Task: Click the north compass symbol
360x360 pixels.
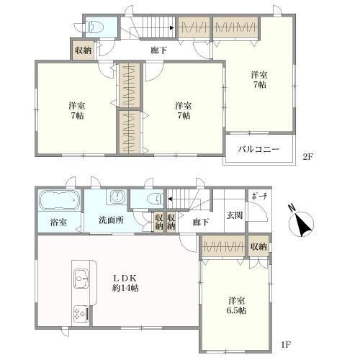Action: [301, 224]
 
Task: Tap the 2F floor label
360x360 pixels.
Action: [308, 157]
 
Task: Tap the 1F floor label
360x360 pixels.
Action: [286, 345]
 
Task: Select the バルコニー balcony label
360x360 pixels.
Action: [258, 150]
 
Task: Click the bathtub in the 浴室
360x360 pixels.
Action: [60, 200]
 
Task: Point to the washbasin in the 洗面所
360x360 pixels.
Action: [118, 197]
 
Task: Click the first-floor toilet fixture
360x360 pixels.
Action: [156, 199]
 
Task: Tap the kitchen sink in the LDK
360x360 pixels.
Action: [81, 279]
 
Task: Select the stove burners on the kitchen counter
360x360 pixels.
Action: [80, 313]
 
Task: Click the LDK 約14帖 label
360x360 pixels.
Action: [125, 283]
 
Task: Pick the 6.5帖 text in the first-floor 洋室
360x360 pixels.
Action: [236, 311]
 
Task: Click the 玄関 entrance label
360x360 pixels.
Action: [235, 215]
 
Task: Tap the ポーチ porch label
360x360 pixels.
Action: [260, 197]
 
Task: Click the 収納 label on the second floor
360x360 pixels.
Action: [83, 50]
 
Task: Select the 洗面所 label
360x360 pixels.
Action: [112, 220]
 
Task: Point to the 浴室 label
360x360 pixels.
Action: [58, 222]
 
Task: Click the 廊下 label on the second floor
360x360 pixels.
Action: [158, 50]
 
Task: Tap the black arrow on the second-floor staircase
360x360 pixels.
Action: [172, 28]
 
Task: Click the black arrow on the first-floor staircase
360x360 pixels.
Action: [170, 199]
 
